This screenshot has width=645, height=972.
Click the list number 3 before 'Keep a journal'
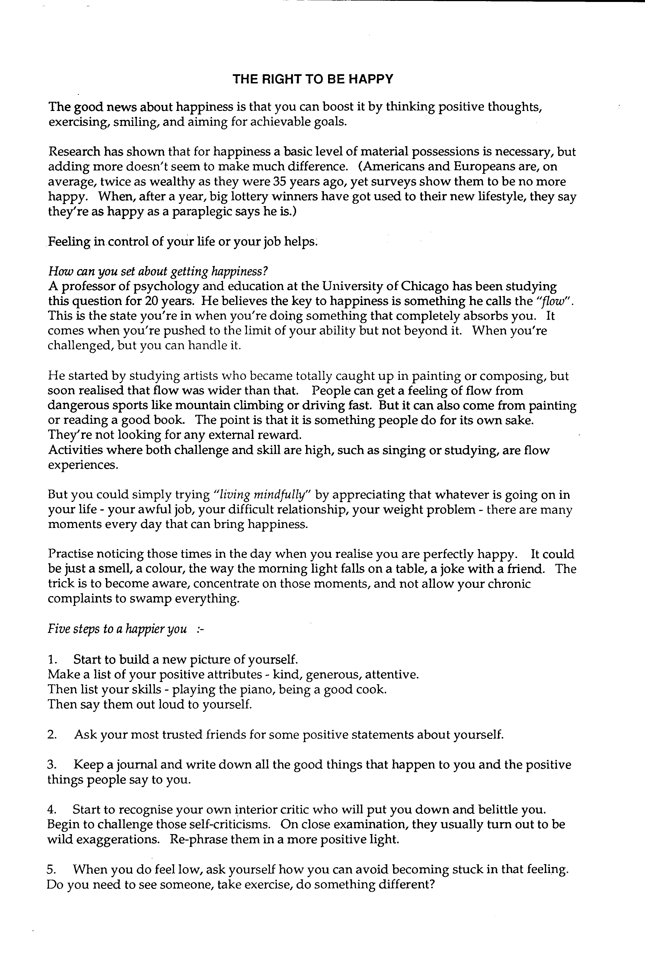(x=51, y=765)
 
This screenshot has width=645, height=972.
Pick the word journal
(x=137, y=765)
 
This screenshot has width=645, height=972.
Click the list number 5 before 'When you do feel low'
(x=51, y=870)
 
